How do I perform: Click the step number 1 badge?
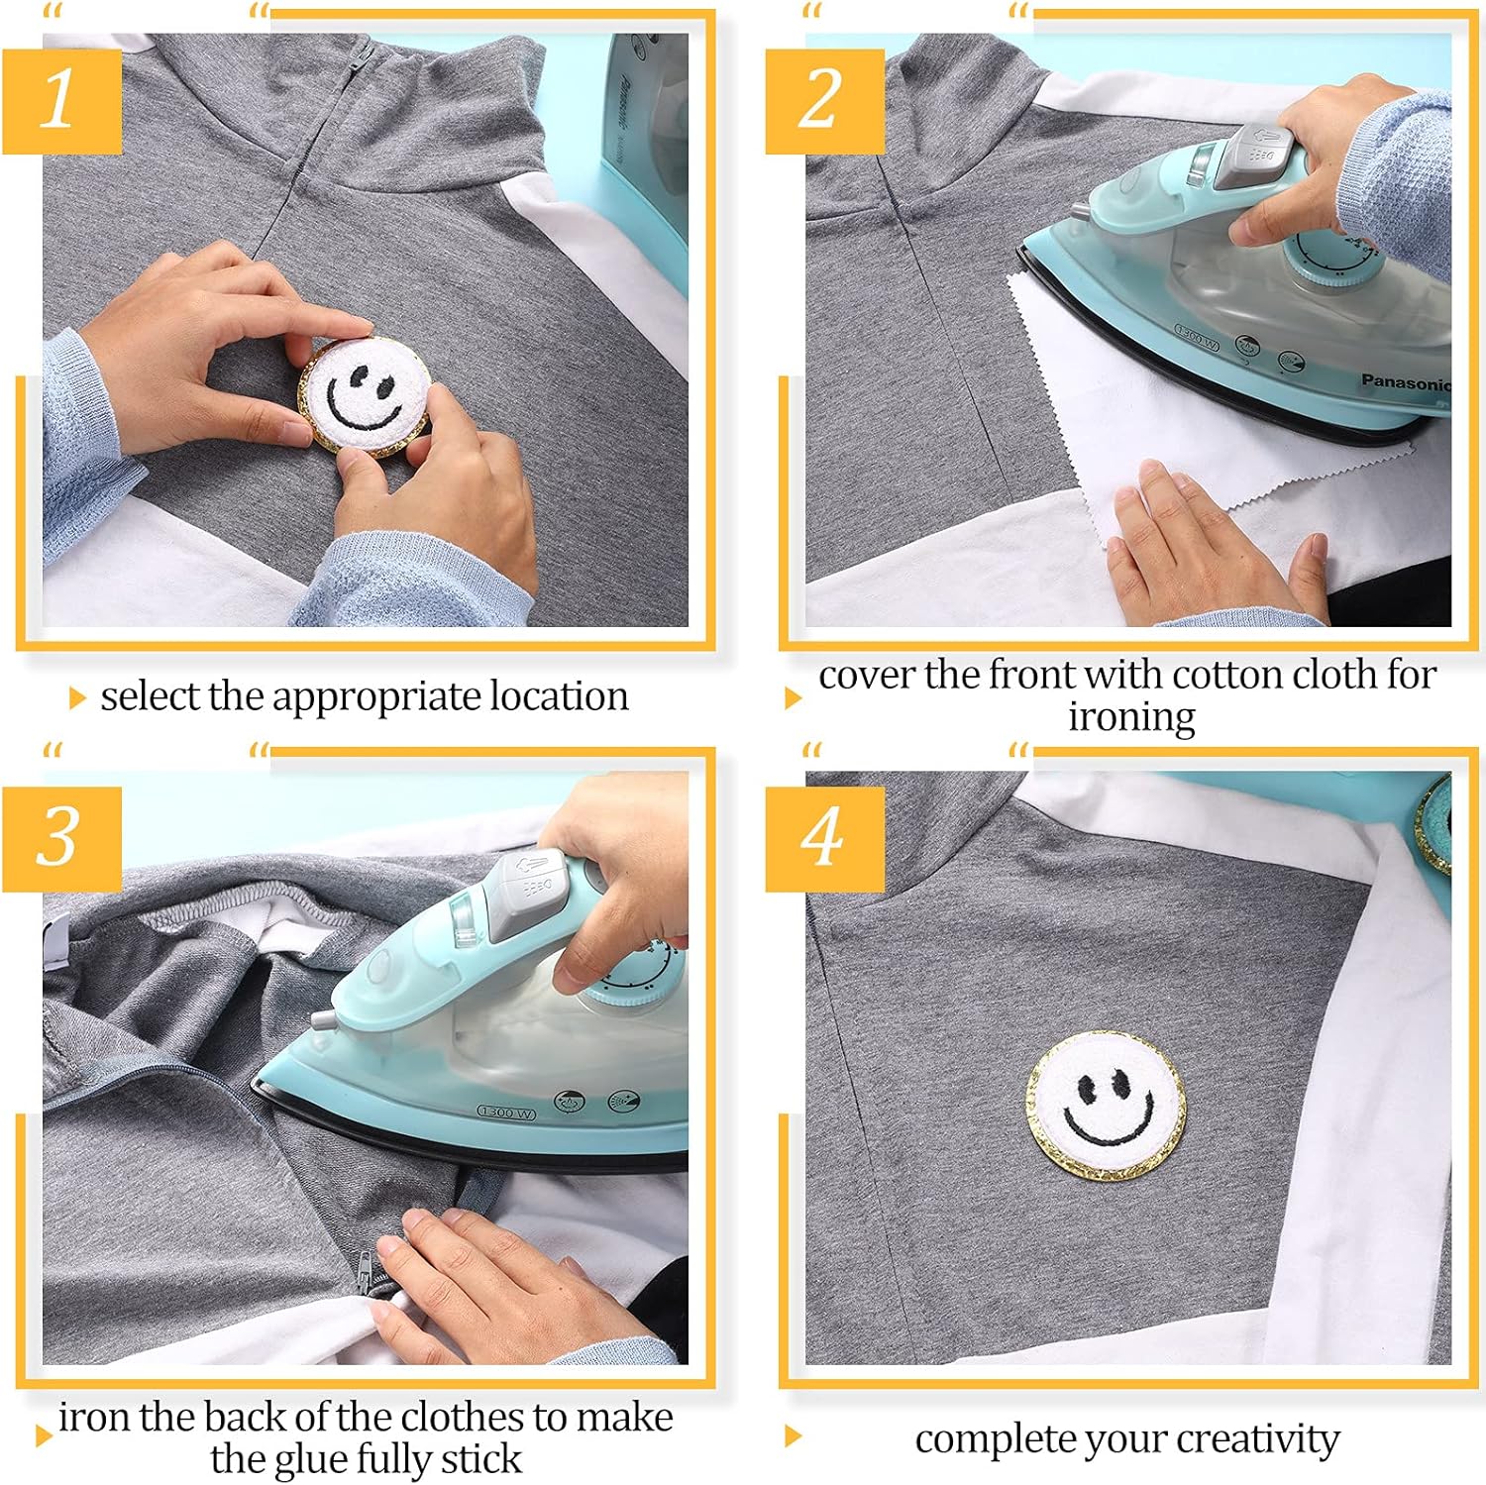coord(61,100)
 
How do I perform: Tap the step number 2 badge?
coord(824,100)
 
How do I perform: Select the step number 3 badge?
coord(61,838)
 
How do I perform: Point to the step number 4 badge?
coord(824,838)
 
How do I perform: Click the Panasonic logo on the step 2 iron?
coord(1404,382)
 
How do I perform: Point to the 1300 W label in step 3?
coord(506,1113)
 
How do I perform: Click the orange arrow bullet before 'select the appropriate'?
coord(77,698)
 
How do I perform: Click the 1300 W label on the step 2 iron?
coord(1196,336)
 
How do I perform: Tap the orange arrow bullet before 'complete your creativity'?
coord(792,1436)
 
